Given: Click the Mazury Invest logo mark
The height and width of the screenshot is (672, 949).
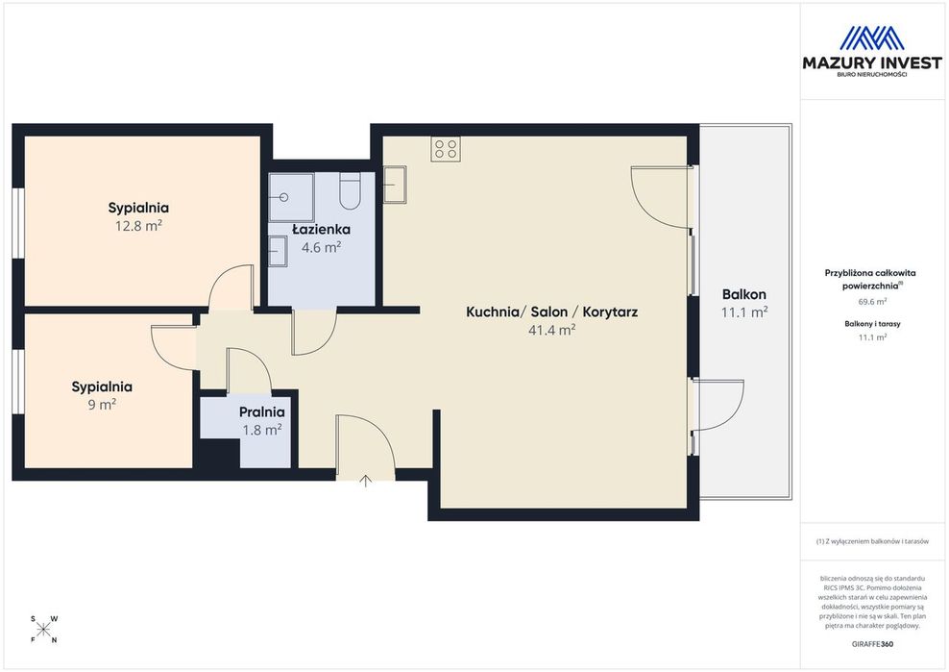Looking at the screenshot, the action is [872, 38].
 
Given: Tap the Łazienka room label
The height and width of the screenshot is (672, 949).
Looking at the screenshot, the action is [322, 230].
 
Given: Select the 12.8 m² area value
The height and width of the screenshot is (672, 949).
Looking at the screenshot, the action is [138, 226].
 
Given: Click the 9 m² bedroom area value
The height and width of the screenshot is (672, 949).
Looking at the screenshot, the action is [102, 404].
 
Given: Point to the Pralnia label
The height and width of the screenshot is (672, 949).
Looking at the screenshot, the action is [261, 412].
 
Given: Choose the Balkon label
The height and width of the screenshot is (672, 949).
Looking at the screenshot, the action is [744, 294].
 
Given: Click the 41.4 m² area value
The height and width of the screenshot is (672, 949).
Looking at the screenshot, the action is [552, 330].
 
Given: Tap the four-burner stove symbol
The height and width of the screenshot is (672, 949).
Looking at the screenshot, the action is [446, 148].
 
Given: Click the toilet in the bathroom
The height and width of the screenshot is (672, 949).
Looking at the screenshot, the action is [350, 191].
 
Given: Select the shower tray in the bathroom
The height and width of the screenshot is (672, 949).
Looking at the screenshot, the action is [291, 197].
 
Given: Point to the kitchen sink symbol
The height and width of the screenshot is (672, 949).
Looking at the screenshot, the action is [395, 185].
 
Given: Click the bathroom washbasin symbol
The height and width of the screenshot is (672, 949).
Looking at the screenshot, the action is [278, 250].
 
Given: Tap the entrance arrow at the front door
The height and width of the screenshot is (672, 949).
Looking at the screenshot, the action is [366, 481].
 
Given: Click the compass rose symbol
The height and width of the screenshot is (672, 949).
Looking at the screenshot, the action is [43, 630].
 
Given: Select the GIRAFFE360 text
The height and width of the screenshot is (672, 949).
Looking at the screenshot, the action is [872, 644].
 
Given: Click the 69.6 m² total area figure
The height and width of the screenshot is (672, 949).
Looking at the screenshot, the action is [873, 301].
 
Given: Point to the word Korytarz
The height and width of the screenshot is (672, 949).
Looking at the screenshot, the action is [610, 312].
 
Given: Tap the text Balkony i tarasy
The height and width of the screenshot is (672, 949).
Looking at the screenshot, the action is [873, 324].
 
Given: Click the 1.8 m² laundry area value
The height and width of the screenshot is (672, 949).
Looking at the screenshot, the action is [262, 431].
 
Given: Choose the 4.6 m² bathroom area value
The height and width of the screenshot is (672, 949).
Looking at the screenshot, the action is [322, 247].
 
